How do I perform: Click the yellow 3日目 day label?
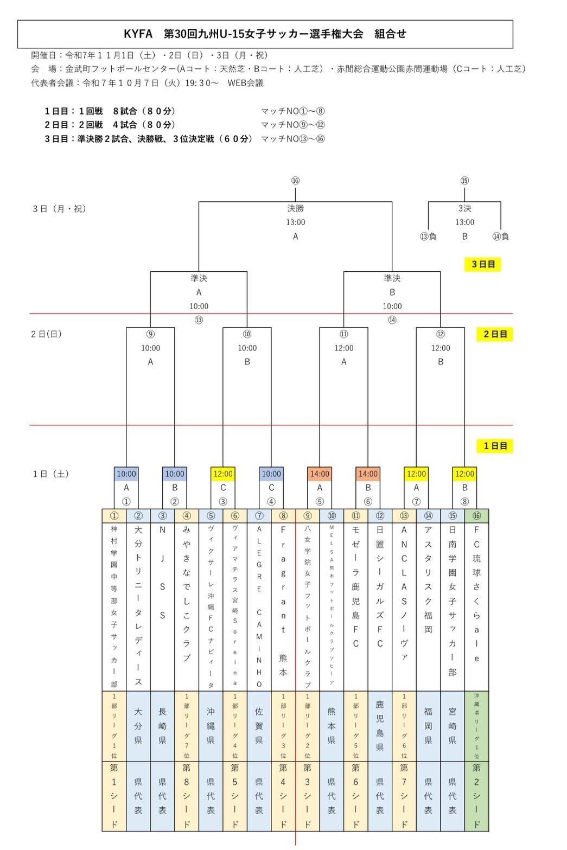pos(482,265)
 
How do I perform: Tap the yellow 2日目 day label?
pos(494,334)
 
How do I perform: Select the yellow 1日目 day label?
pos(494,446)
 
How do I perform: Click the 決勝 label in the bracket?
pos(295,208)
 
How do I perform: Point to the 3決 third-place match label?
pos(464,208)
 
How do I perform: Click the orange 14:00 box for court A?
pos(320,474)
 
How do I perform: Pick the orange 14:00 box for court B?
pos(368,474)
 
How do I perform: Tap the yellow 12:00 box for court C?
pos(223,474)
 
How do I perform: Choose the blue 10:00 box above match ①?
pos(126,474)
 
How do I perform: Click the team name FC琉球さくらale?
pos(476,608)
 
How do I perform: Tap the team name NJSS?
pos(162,572)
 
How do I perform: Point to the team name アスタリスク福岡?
pos(428,586)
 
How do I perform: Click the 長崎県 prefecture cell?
pos(162,726)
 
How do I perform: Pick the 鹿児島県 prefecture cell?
pos(380,726)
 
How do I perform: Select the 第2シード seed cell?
pos(476,796)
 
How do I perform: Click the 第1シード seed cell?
pos(114,796)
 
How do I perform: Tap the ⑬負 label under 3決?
pos(428,237)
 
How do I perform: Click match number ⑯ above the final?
pos(295,181)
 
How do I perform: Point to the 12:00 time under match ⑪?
pos(343,348)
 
